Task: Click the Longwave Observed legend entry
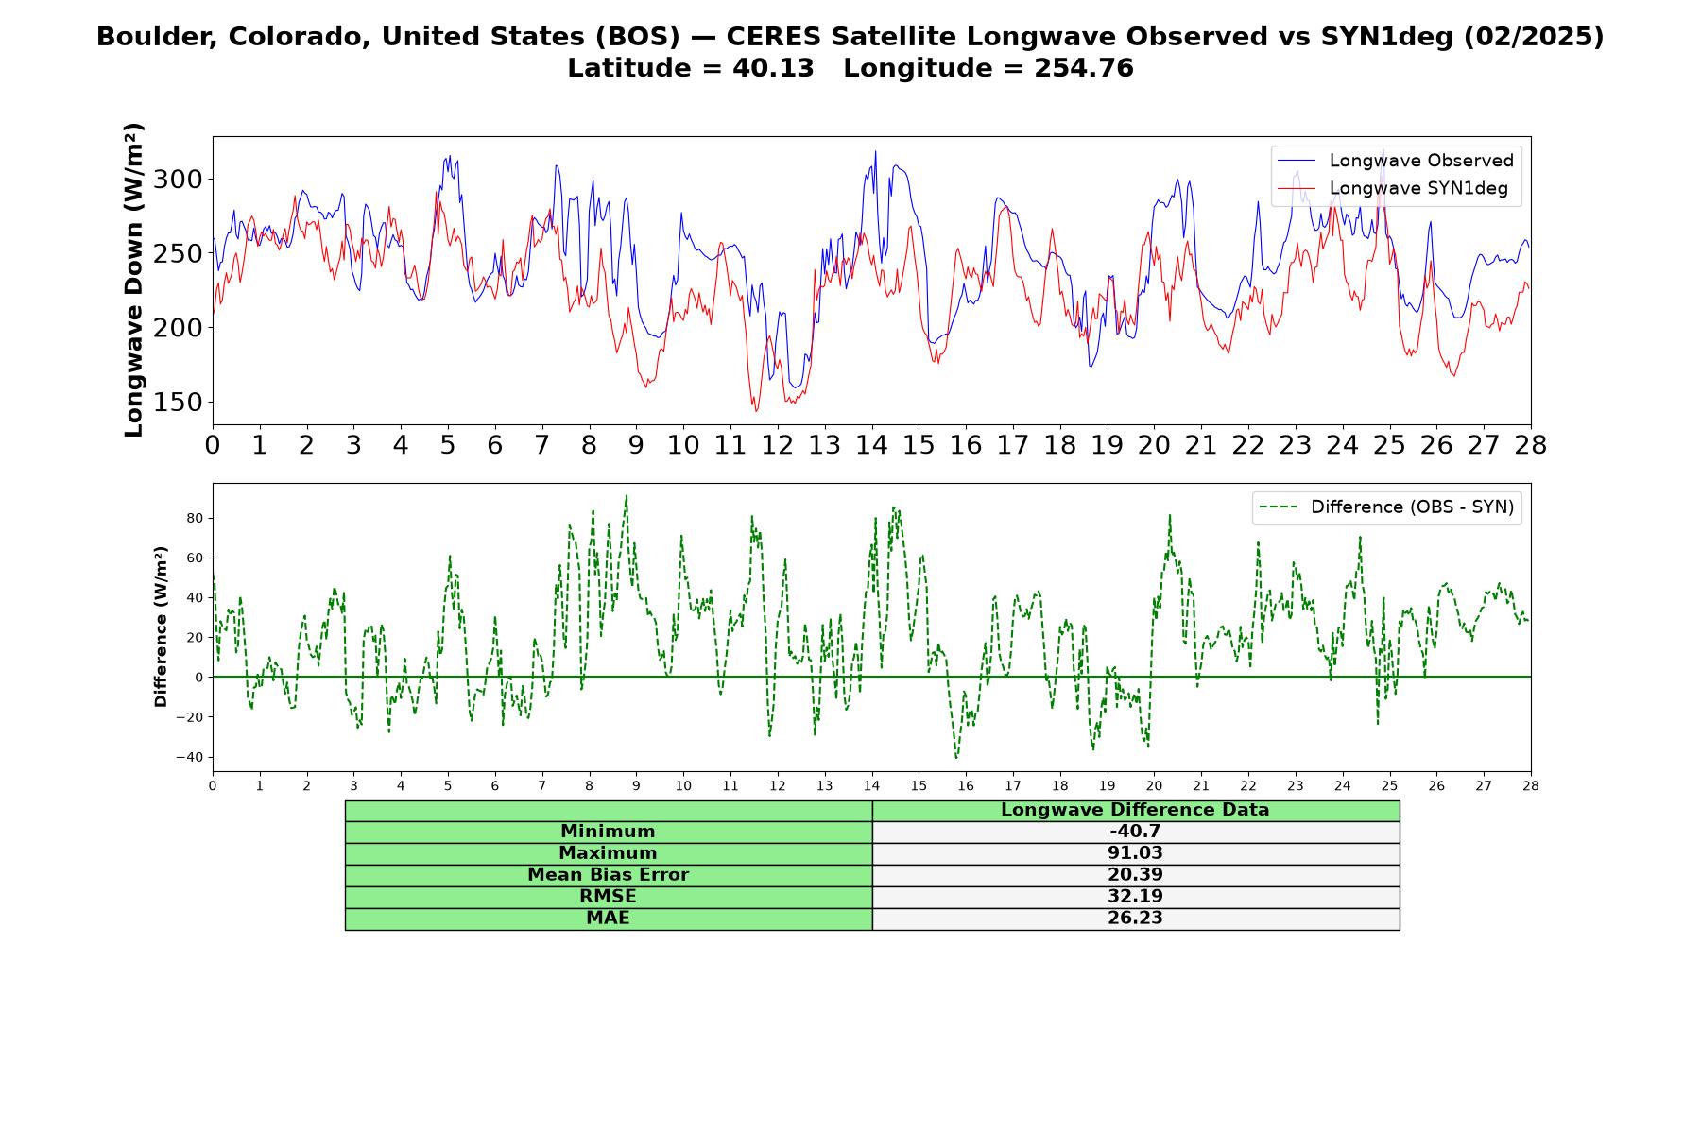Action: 1395,161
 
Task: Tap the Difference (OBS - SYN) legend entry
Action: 1386,507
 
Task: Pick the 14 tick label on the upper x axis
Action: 871,445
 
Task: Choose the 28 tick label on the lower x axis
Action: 1531,785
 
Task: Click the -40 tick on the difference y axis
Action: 190,757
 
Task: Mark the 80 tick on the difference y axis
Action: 196,518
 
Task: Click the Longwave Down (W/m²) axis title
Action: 133,280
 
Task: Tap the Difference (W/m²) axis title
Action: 161,627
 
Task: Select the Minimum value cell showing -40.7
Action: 1135,832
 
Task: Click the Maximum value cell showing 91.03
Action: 1135,853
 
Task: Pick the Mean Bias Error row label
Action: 608,875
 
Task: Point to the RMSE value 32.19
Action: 1135,897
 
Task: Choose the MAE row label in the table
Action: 608,919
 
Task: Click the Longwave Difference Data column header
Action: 1135,810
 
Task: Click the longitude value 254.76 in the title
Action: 1083,68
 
